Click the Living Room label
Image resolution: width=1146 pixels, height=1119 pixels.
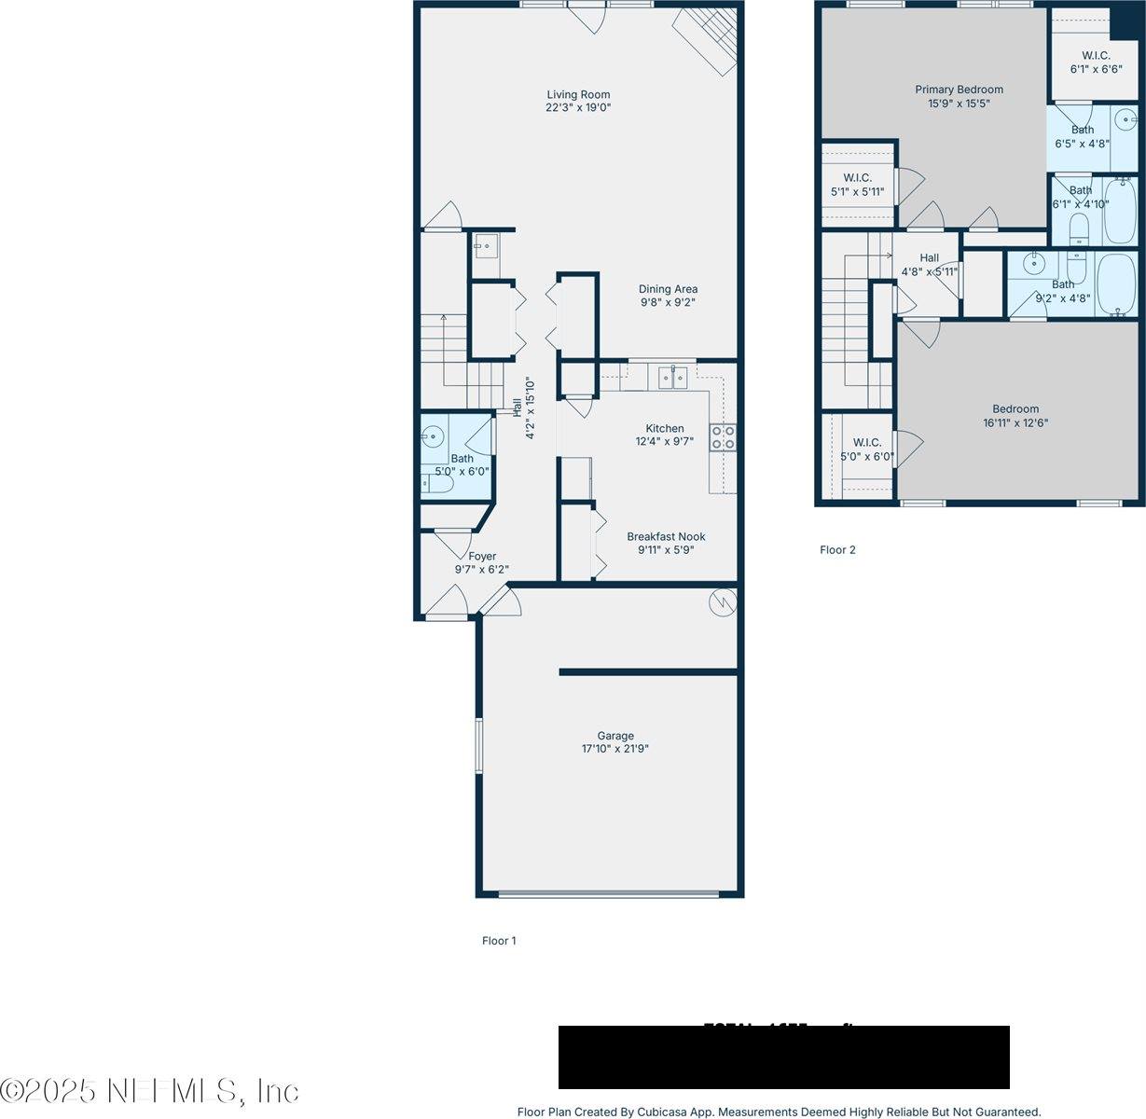578,94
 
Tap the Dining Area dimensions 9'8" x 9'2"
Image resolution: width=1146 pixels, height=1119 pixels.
668,302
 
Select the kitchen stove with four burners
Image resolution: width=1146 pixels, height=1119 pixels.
723,437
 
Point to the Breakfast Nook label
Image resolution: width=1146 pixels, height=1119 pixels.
666,536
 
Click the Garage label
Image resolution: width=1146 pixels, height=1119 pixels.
615,736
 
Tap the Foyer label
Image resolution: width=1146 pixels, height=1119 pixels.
482,557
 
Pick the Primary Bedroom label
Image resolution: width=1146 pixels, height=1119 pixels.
959,90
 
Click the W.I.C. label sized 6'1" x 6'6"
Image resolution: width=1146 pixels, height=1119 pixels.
1096,55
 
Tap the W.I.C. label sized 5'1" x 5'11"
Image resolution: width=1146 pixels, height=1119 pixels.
857,177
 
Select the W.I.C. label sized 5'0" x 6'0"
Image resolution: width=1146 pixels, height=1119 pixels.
866,443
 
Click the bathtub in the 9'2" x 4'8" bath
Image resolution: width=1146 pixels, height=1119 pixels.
1115,284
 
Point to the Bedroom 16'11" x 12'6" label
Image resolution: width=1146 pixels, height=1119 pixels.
1015,408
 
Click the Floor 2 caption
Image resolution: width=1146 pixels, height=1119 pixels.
837,549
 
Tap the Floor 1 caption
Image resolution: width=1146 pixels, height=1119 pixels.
499,940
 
